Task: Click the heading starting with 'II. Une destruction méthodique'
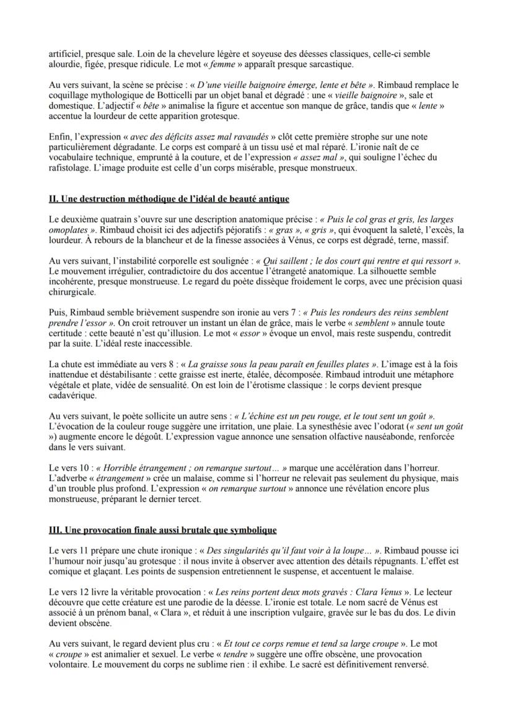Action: point(169,198)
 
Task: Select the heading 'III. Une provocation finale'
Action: point(162,530)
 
